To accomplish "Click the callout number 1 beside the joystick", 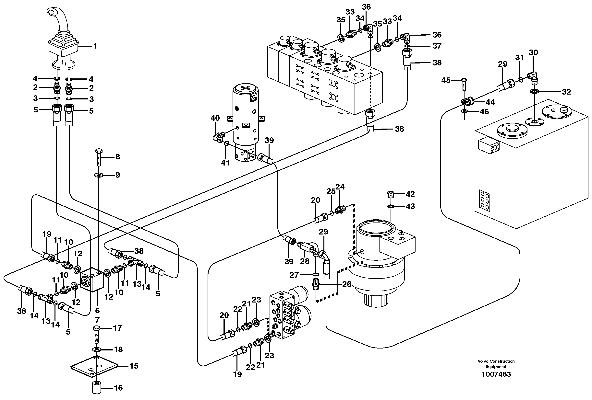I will pyautogui.click(x=95, y=46).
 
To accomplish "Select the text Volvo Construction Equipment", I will pyautogui.click(x=496, y=364).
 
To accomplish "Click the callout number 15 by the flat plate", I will pyautogui.click(x=134, y=366).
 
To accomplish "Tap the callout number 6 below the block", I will pyautogui.click(x=97, y=310).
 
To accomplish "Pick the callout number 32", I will pyautogui.click(x=566, y=92).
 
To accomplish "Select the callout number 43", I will pyautogui.click(x=410, y=206).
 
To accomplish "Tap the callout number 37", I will pyautogui.click(x=437, y=46).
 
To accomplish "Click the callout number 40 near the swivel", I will pyautogui.click(x=215, y=118).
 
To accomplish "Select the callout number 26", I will pyautogui.click(x=346, y=284).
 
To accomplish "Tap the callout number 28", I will pyautogui.click(x=305, y=261).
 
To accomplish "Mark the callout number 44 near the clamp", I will pyautogui.click(x=490, y=102).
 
